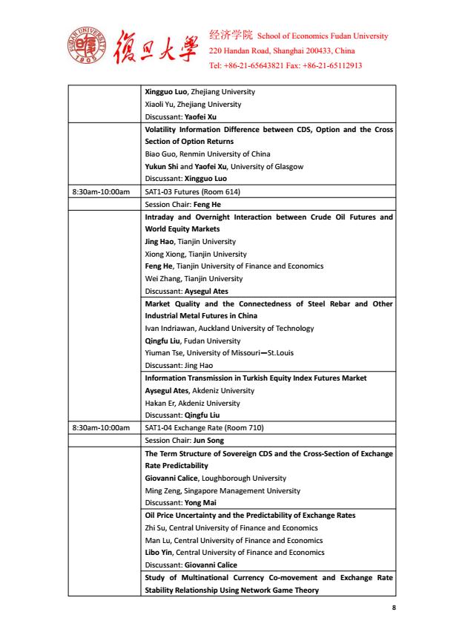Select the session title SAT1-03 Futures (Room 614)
pos(193,192)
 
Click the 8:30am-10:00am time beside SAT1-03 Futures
pos(100,192)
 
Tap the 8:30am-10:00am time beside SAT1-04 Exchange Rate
pos(100,427)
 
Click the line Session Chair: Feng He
pos(183,204)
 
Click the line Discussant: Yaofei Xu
pos(180,116)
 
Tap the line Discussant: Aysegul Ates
pos(186,291)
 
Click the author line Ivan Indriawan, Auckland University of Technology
pos(229,328)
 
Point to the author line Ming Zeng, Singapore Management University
pos(222,490)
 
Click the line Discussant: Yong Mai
pos(180,502)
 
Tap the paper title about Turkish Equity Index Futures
pos(256,378)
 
